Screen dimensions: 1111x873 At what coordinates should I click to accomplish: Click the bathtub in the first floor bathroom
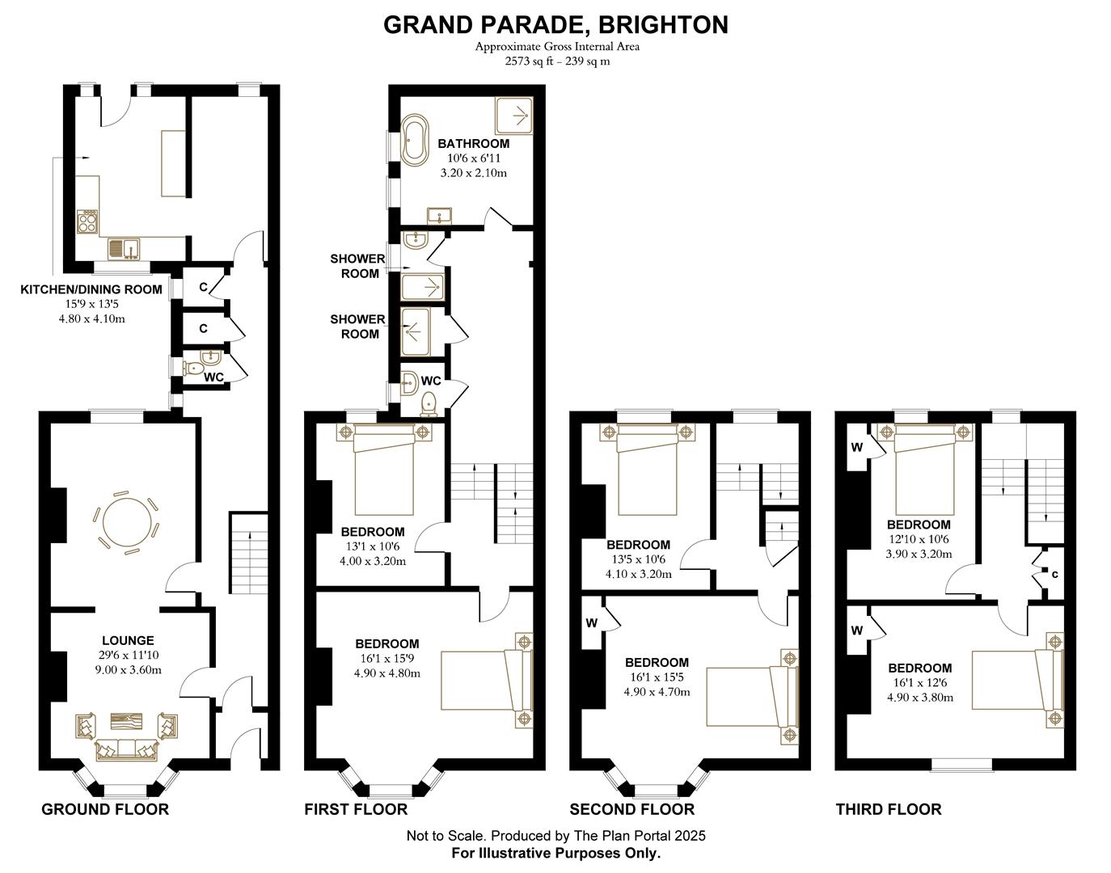pyautogui.click(x=415, y=140)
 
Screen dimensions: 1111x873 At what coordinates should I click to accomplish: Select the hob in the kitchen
pyautogui.click(x=87, y=221)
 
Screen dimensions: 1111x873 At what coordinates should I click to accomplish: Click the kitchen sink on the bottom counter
pyautogui.click(x=124, y=250)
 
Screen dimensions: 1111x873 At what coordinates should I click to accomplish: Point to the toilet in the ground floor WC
pyautogui.click(x=194, y=368)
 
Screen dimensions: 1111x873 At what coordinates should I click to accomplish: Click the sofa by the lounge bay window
pyautogui.click(x=127, y=749)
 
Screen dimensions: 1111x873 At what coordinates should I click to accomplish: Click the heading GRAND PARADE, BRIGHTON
pyautogui.click(x=555, y=24)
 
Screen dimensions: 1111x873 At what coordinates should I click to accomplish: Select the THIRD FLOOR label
pyautogui.click(x=889, y=810)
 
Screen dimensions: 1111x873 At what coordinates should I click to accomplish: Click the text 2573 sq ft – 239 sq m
pyautogui.click(x=557, y=61)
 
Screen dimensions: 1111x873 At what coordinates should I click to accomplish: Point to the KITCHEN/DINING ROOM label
pyautogui.click(x=91, y=289)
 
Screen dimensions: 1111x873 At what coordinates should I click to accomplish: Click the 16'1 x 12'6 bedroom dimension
pyautogui.click(x=920, y=682)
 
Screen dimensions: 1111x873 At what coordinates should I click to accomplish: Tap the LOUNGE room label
pyautogui.click(x=128, y=640)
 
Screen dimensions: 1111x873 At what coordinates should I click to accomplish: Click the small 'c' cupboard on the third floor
pyautogui.click(x=1054, y=575)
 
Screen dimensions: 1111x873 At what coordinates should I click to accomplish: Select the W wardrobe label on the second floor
pyautogui.click(x=592, y=623)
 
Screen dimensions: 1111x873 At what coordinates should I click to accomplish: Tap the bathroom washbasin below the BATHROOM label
pyautogui.click(x=440, y=216)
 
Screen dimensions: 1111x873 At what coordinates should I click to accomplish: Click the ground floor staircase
pyautogui.click(x=248, y=553)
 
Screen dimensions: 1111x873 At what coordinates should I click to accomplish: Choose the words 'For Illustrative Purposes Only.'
pyautogui.click(x=555, y=853)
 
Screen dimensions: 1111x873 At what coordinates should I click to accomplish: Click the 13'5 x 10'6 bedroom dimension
pyautogui.click(x=639, y=559)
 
